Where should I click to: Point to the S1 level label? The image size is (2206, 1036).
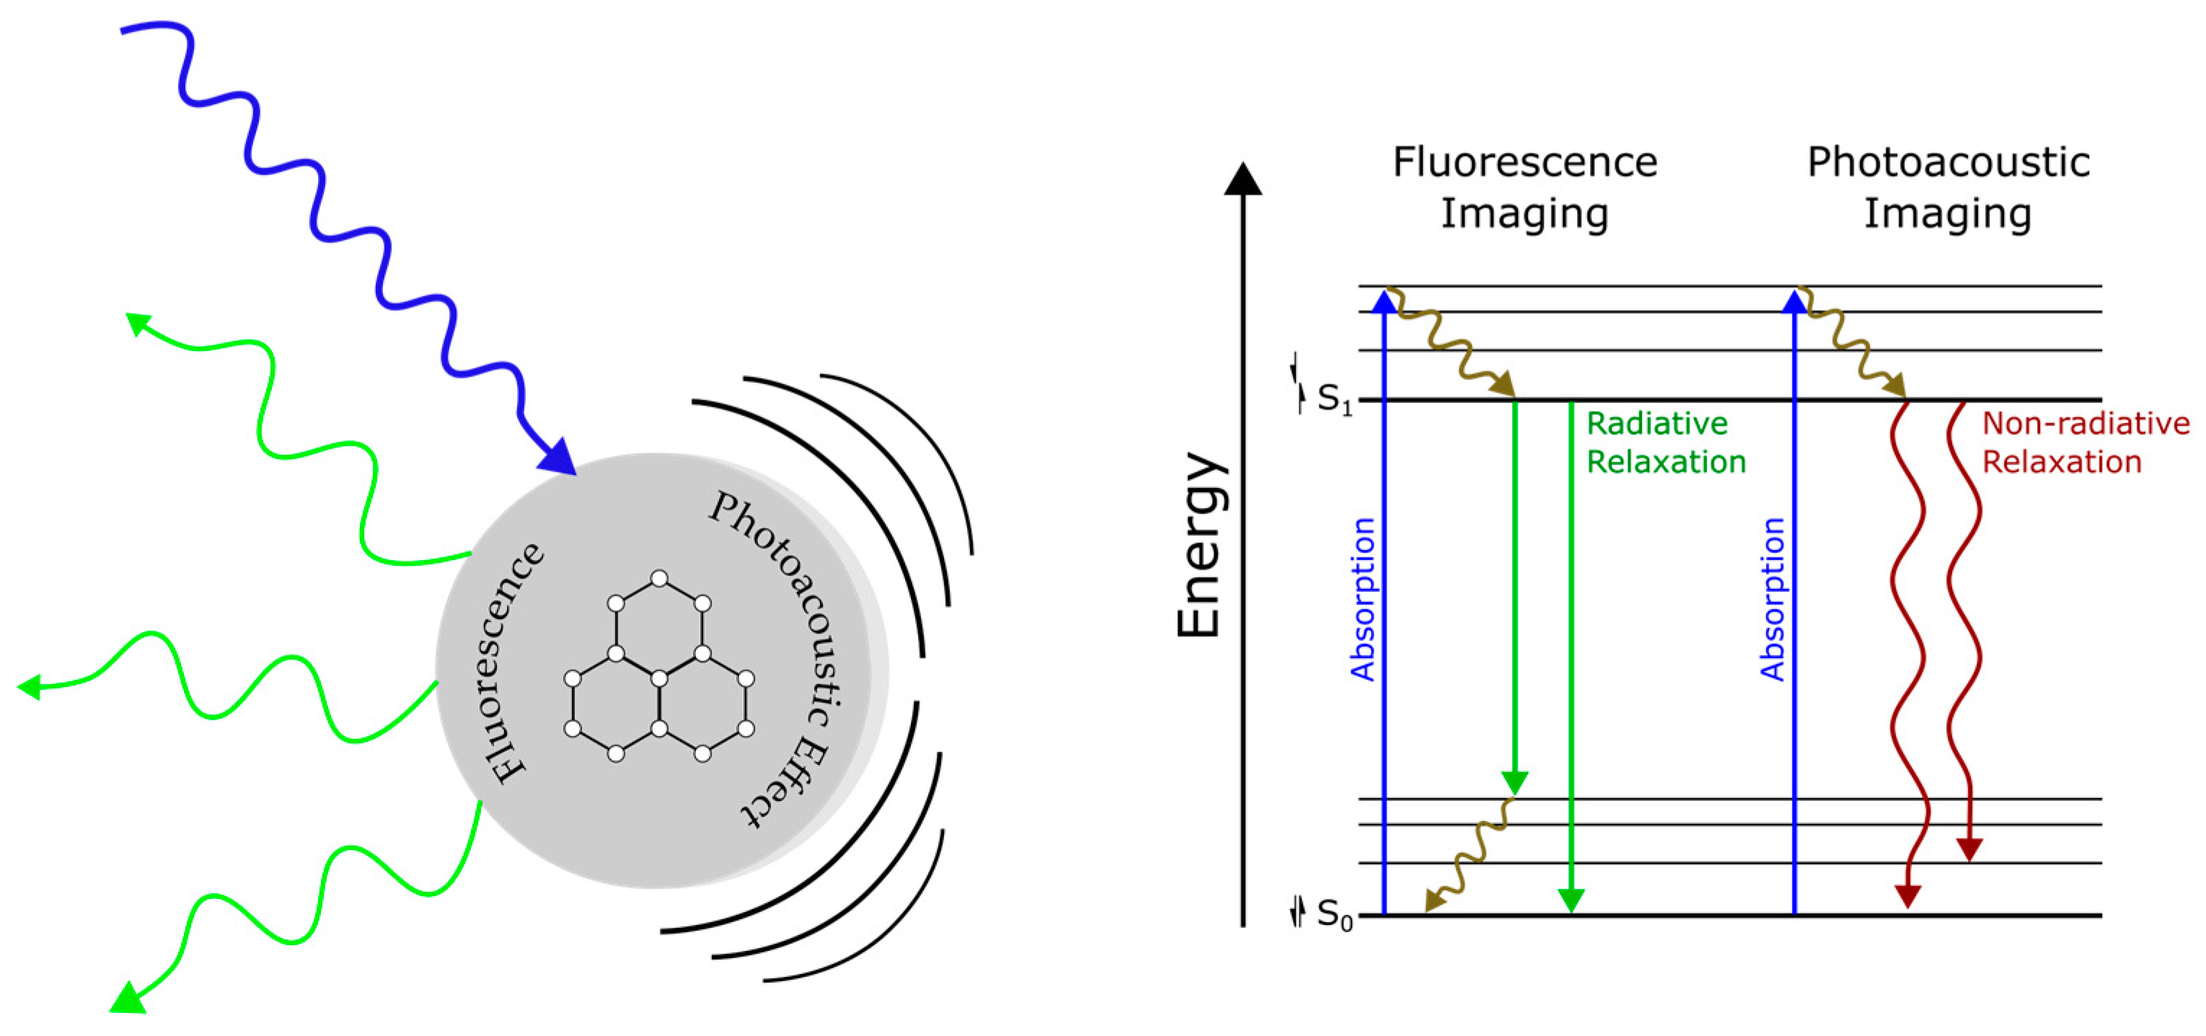(x=1334, y=399)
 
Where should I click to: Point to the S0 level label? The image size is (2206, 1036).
(x=1334, y=914)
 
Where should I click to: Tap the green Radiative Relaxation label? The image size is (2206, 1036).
(x=1666, y=443)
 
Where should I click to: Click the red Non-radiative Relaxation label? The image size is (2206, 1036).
(x=2086, y=443)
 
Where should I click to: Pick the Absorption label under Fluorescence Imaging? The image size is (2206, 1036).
(x=1362, y=599)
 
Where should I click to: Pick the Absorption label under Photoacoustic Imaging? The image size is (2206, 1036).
(x=1772, y=599)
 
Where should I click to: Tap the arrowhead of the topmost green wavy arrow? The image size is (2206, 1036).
(x=136, y=323)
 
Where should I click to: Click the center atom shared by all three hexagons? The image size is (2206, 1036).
(x=658, y=679)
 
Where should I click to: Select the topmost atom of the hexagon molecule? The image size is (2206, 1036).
(x=658, y=579)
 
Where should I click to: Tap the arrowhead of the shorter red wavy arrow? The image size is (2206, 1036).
(x=1969, y=849)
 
